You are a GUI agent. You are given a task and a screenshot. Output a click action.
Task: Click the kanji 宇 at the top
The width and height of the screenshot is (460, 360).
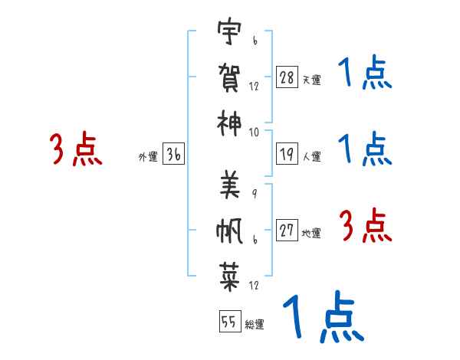(x=229, y=31)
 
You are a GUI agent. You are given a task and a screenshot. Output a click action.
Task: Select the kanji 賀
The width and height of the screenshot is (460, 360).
(x=229, y=77)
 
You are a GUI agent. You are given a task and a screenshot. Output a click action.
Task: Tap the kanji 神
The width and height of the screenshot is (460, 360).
(x=229, y=123)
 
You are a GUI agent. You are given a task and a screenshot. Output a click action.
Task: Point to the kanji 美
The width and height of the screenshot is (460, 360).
(x=230, y=185)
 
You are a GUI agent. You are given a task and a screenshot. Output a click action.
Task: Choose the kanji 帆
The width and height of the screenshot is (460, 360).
(x=229, y=231)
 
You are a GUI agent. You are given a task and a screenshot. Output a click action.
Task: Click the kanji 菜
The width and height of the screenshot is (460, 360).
(x=230, y=277)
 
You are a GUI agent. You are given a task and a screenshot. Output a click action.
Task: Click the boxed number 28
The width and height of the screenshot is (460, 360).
(x=287, y=77)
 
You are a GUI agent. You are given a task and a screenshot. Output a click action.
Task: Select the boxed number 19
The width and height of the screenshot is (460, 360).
(x=287, y=154)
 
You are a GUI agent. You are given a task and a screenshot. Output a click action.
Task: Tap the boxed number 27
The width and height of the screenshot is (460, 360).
(x=287, y=230)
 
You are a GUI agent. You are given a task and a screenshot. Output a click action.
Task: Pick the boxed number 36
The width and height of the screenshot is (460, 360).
(x=174, y=154)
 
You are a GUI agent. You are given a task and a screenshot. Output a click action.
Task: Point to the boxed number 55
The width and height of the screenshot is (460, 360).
(x=230, y=321)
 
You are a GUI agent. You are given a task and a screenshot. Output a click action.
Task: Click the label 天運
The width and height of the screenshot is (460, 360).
(x=312, y=80)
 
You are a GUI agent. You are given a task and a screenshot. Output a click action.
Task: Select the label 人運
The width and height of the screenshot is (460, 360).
(x=312, y=156)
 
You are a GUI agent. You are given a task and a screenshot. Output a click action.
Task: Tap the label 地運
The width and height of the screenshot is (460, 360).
(x=311, y=233)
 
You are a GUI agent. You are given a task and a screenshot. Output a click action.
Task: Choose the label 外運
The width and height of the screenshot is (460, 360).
(x=148, y=157)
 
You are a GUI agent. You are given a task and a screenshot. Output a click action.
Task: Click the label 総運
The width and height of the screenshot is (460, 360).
(x=255, y=324)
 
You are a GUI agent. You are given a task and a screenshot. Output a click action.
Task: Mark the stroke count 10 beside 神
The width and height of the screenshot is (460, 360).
(x=254, y=133)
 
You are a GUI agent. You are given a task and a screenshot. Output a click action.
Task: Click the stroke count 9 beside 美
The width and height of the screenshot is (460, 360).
(x=255, y=194)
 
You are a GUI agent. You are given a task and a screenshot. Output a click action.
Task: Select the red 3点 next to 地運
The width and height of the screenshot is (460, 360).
(x=365, y=225)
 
